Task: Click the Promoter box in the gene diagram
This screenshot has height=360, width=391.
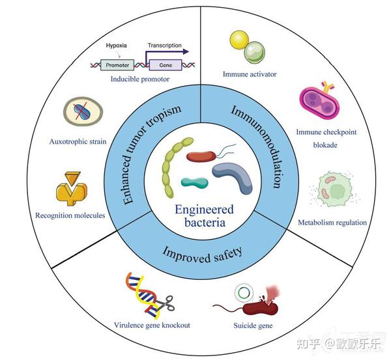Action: [x=117, y=64]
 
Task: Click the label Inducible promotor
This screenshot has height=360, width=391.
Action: [x=139, y=79]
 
